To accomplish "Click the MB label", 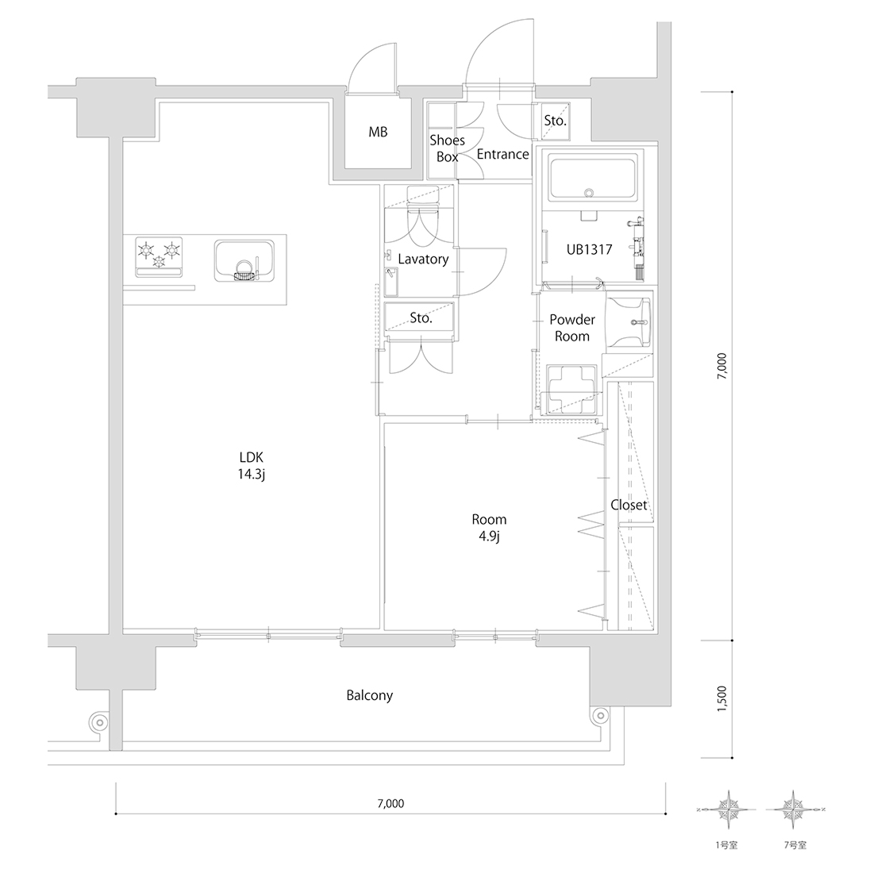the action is pos(378,133).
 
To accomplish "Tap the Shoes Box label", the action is pos(447,148).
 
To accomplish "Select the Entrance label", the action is pos(502,154).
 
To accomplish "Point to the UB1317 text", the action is pos(589,249).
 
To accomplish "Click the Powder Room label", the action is pos(571,328).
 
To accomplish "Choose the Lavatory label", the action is pos(423,259).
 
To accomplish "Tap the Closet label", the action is pos(629,505).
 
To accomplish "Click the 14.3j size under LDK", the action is pos(251,475).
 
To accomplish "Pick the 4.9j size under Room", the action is pos(489,536).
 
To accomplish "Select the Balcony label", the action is pos(370,695).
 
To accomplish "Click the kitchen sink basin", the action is pos(244,260).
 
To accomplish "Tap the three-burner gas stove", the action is pos(160,256).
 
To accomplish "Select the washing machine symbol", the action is pos(571,390).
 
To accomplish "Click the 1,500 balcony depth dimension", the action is pos(721,698).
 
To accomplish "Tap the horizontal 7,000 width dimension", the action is pos(390,803).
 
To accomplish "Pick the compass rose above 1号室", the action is pos(726,810).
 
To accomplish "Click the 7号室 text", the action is pos(795,846).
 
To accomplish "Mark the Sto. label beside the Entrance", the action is pos(555,121).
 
